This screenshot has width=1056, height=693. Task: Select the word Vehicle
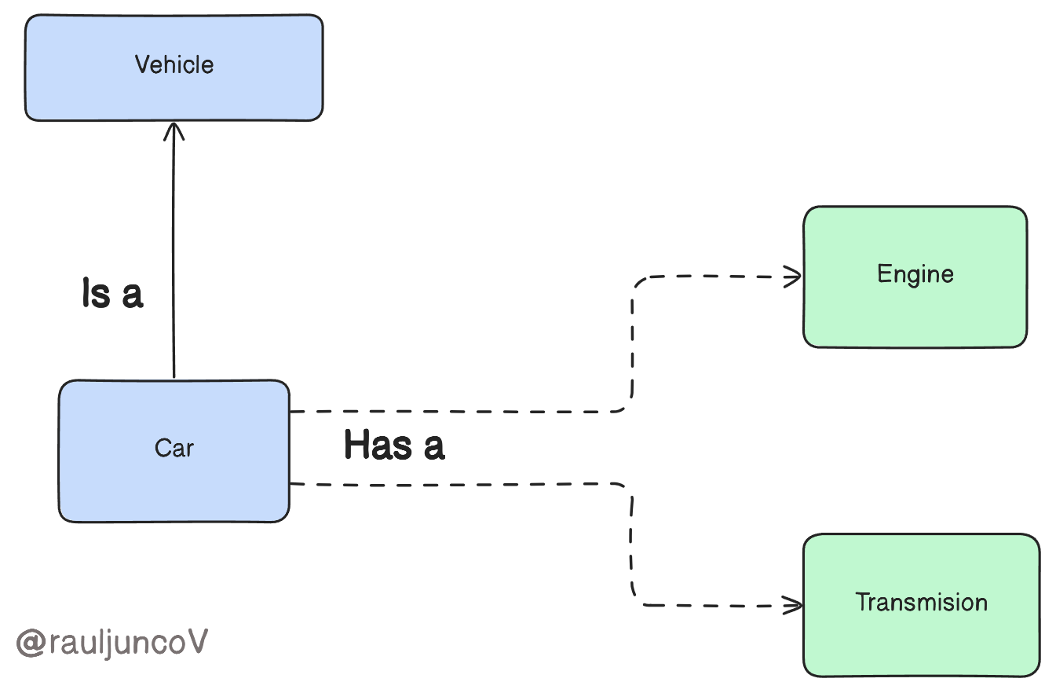coord(174,64)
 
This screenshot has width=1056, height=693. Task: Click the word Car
coord(174,449)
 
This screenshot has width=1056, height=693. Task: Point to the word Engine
coord(915,274)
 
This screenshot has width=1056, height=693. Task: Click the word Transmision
coord(921,603)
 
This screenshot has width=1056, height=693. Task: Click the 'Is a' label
coord(112,294)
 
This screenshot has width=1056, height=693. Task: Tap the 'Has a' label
coord(394,445)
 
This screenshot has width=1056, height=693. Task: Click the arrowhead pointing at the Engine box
coord(795,276)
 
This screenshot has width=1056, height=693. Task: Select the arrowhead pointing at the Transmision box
coord(795,605)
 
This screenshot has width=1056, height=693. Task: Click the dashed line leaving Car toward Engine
coord(455,411)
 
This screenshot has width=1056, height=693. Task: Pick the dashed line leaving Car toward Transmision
coord(455,483)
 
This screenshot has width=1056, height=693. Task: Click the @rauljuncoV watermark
coord(112,643)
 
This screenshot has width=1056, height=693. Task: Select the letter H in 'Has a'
coord(357,445)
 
